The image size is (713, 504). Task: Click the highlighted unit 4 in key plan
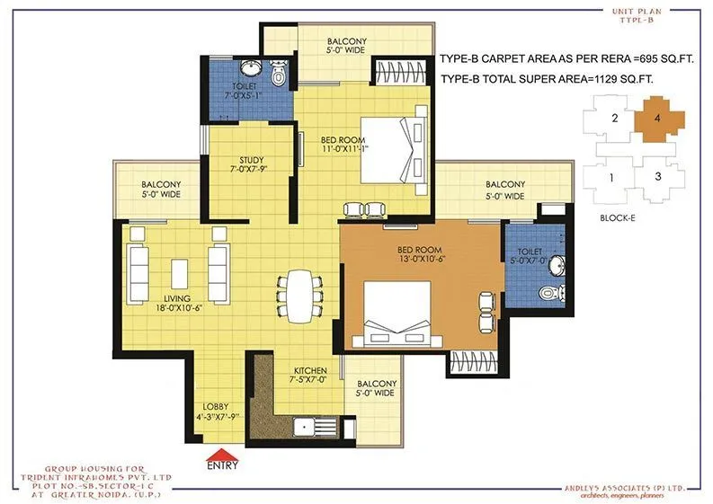pos(659,119)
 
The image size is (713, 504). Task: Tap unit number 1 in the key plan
pos(611,177)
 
